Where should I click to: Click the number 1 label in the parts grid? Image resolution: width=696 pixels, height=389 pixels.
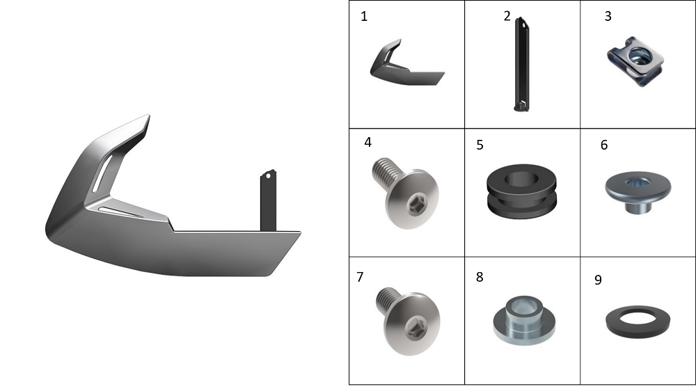[364, 17]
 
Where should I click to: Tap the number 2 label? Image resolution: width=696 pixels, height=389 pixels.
[507, 16]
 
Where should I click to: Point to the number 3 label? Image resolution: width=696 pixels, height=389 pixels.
[608, 17]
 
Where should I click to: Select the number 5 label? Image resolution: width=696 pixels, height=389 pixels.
[480, 145]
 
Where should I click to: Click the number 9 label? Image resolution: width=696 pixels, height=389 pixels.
[599, 280]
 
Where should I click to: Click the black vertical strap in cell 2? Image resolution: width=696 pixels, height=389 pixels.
[521, 64]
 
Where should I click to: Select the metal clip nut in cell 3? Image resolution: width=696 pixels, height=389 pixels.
[635, 61]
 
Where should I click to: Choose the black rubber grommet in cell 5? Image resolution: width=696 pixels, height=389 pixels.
[521, 191]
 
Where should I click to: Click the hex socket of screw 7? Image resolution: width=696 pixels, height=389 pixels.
[418, 329]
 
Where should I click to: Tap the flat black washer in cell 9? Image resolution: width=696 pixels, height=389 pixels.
[638, 321]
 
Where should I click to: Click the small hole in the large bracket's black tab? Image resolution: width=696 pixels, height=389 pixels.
[268, 176]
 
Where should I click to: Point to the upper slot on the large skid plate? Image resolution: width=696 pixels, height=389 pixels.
[102, 173]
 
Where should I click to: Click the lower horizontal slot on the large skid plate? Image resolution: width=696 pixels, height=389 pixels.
[120, 212]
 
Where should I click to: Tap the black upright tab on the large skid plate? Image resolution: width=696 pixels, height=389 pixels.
[268, 200]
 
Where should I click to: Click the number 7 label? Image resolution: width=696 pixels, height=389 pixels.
[360, 277]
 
